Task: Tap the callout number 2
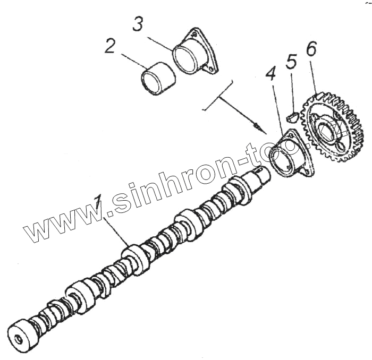click(110, 47)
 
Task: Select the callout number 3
click(138, 24)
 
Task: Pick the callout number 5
click(291, 62)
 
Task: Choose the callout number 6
click(311, 49)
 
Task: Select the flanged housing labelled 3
click(195, 53)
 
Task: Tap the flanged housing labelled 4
click(290, 154)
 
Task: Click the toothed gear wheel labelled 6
click(332, 127)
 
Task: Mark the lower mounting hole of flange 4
click(305, 172)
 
